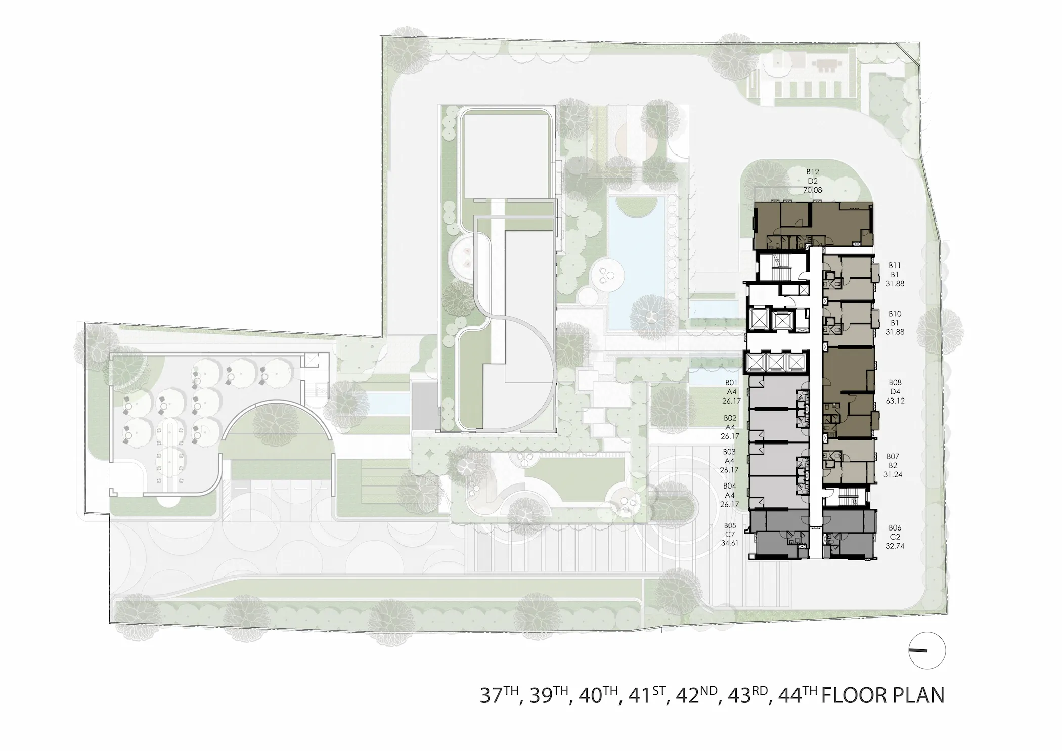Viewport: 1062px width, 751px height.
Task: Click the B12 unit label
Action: (x=813, y=172)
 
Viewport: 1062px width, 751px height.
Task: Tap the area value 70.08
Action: (x=813, y=191)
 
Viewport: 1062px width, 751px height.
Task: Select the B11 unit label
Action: (x=895, y=265)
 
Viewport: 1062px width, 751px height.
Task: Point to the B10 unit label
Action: (x=895, y=314)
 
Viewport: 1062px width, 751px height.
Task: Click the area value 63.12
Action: (x=895, y=401)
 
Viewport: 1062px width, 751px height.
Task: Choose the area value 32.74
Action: (x=895, y=546)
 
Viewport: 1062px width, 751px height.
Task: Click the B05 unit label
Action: (x=729, y=525)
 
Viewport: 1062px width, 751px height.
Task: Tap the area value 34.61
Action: (x=729, y=543)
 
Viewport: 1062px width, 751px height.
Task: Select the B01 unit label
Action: (x=731, y=383)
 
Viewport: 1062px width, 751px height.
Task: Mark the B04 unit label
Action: (x=730, y=486)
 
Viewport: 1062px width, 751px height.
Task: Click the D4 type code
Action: (x=895, y=391)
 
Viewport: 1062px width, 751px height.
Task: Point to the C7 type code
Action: (x=729, y=534)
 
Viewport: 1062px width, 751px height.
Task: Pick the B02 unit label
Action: (x=730, y=418)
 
